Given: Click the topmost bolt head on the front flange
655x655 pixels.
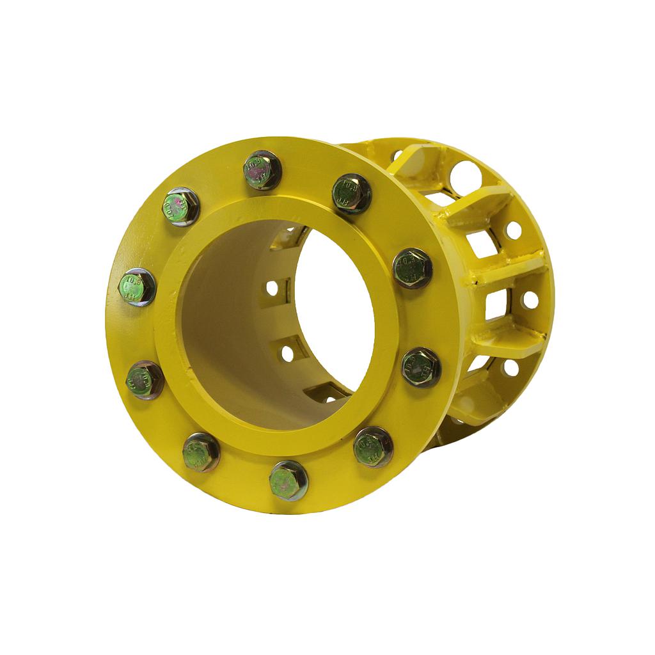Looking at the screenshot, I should tap(262, 170).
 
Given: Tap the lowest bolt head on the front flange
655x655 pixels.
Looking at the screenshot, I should tap(288, 480).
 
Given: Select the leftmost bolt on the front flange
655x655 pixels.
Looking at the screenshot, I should tap(138, 287).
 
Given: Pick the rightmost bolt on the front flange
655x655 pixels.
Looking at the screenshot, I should tap(421, 367).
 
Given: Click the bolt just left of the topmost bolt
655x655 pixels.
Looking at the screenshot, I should tap(180, 206).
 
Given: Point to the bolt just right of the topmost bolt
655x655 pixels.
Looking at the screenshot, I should tap(351, 193).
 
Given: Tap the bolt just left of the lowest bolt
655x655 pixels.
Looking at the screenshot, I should tap(201, 452).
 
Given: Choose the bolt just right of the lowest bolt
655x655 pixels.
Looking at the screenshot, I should tap(373, 446).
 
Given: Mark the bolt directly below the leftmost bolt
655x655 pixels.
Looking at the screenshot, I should tap(145, 379).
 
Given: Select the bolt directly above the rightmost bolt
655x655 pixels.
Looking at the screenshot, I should tap(412, 268).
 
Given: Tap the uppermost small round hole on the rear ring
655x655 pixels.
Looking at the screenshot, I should tap(514, 230).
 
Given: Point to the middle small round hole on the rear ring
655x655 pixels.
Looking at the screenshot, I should tap(530, 299).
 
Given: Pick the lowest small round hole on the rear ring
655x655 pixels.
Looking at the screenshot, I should tap(510, 368).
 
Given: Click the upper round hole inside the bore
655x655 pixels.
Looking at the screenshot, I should tap(272, 288).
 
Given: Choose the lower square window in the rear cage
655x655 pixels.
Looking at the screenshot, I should tap(496, 304).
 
